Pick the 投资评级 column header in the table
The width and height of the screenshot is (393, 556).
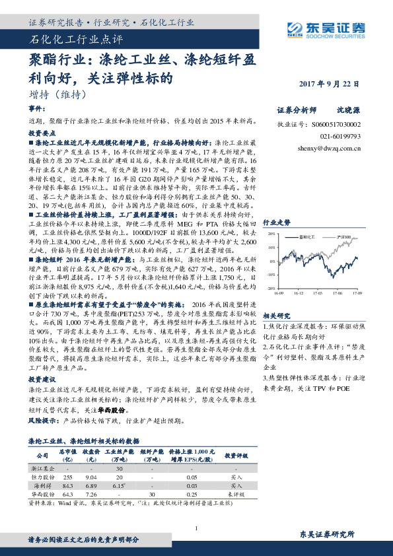[x=236, y=455]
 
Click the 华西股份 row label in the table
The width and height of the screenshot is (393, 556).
[x=42, y=494]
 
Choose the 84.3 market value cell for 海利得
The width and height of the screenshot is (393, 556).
[x=67, y=485]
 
